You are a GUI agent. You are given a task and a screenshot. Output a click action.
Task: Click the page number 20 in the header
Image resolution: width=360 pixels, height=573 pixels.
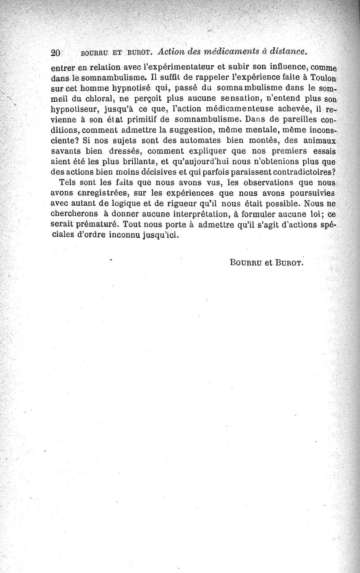point(56,52)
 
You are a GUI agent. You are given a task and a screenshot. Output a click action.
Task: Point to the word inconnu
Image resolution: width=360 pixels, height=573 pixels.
point(129,235)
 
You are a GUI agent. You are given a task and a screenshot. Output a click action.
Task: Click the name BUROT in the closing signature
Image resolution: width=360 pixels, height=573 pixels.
point(287,263)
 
